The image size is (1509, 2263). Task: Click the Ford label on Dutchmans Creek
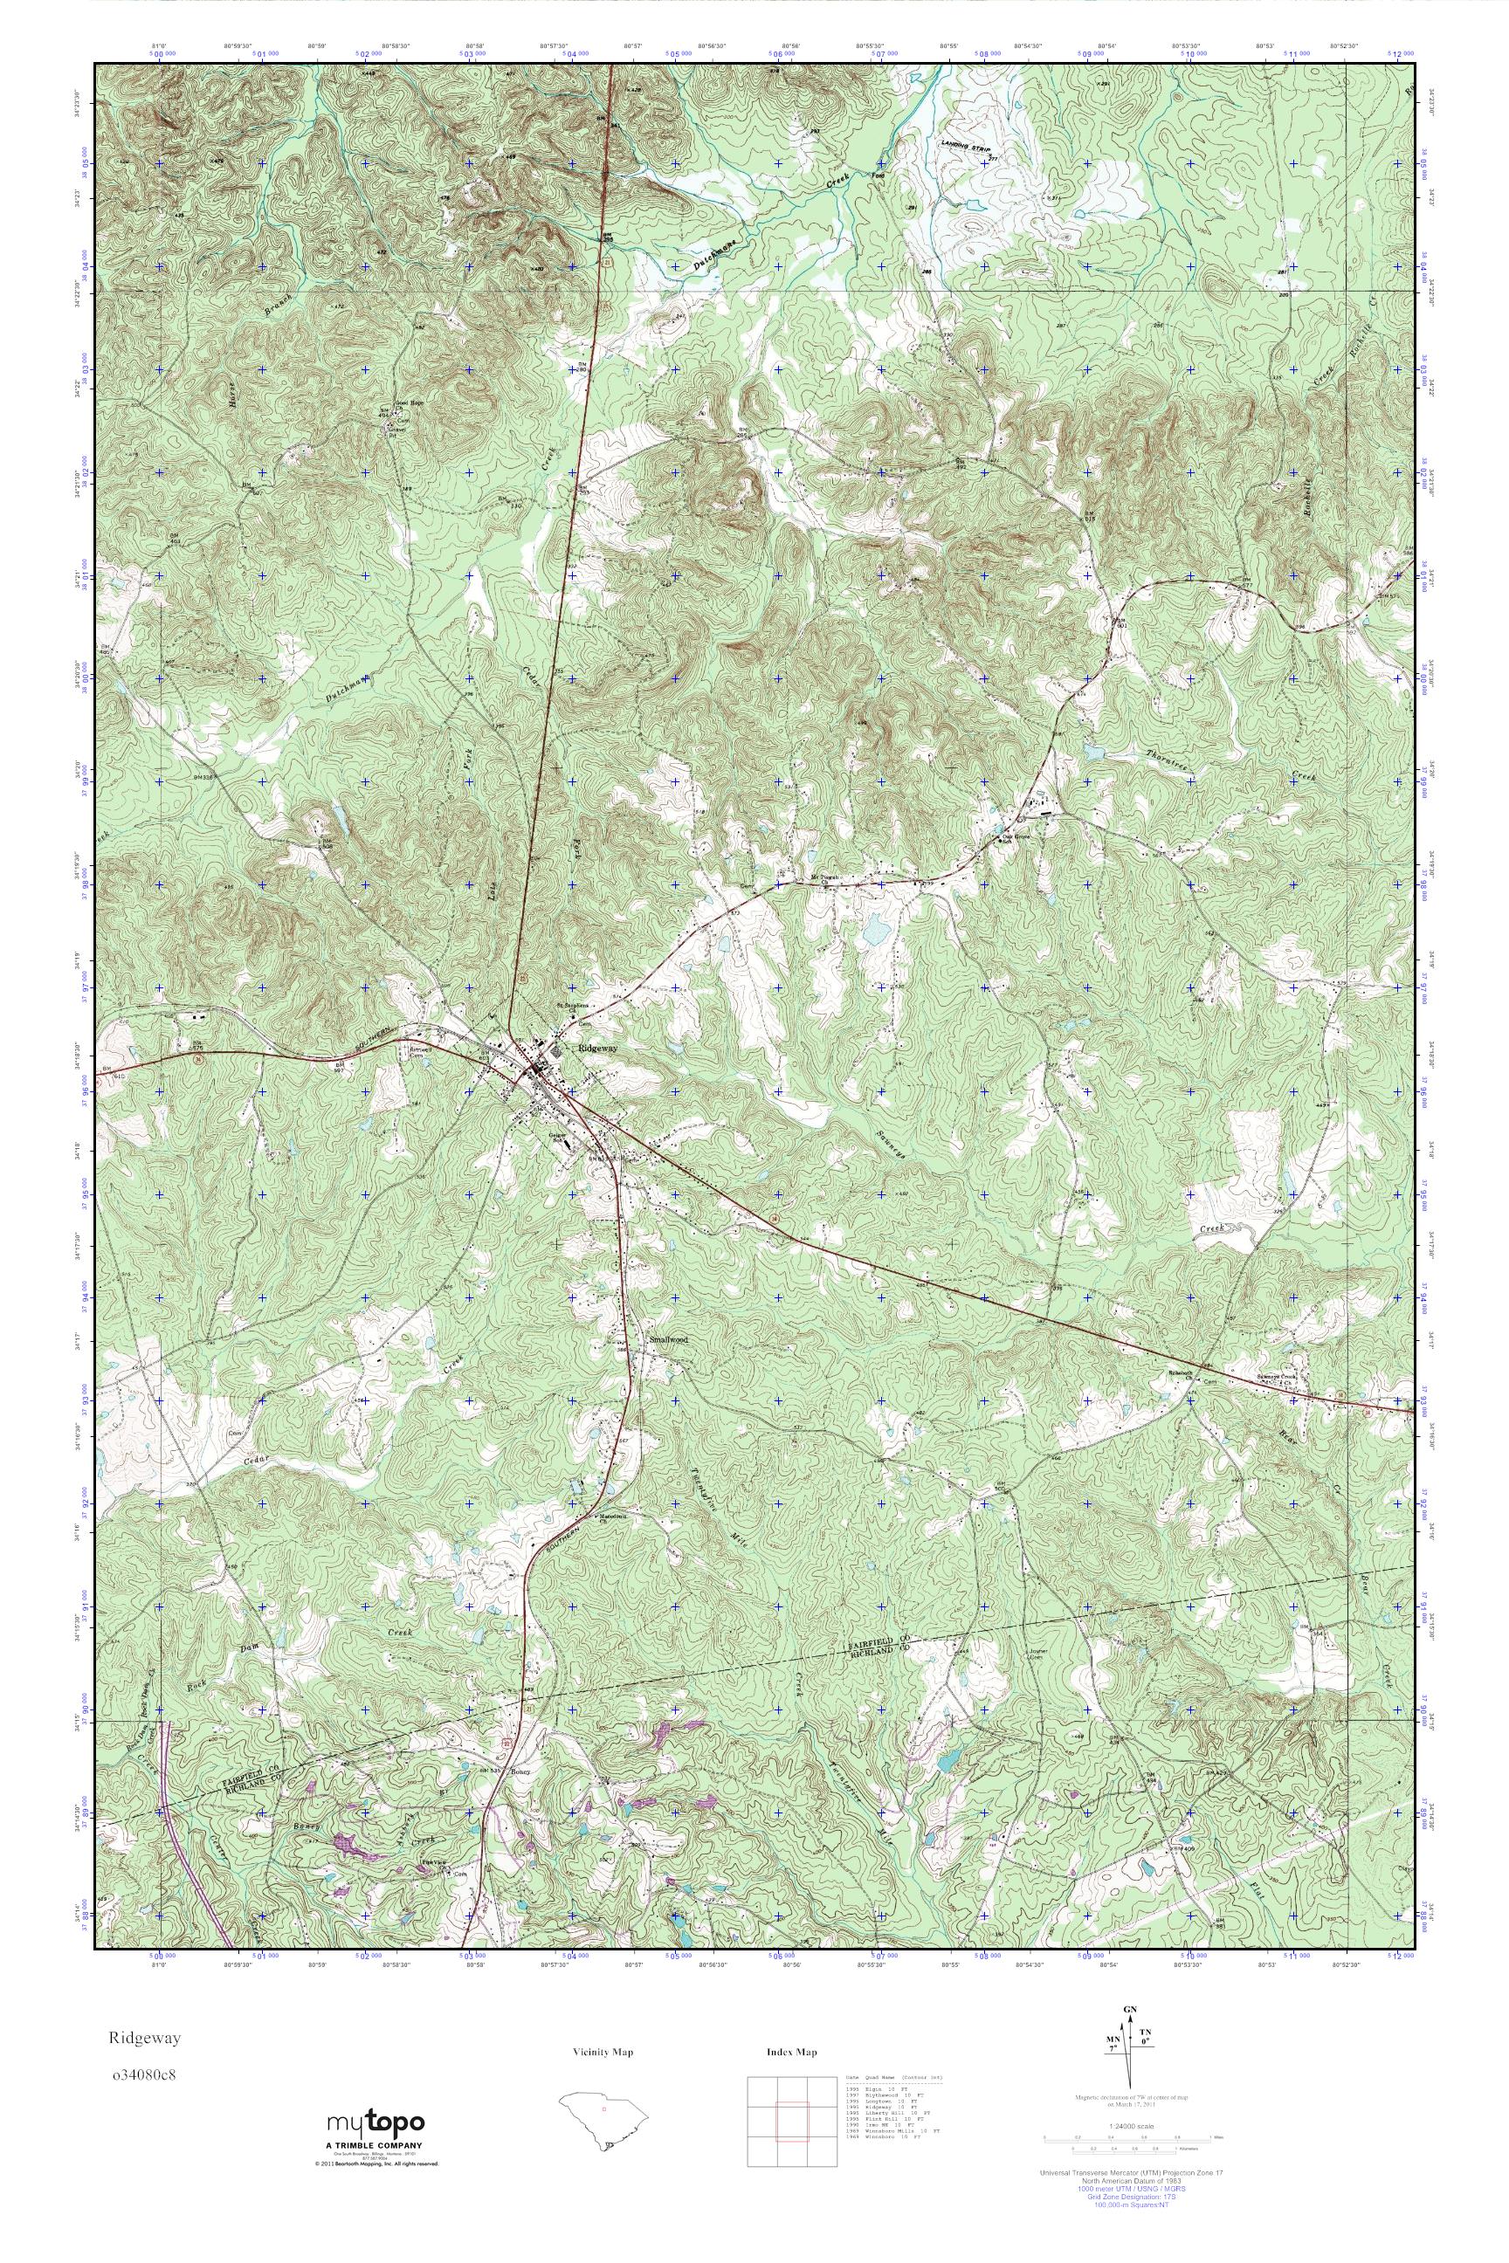pos(878,176)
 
